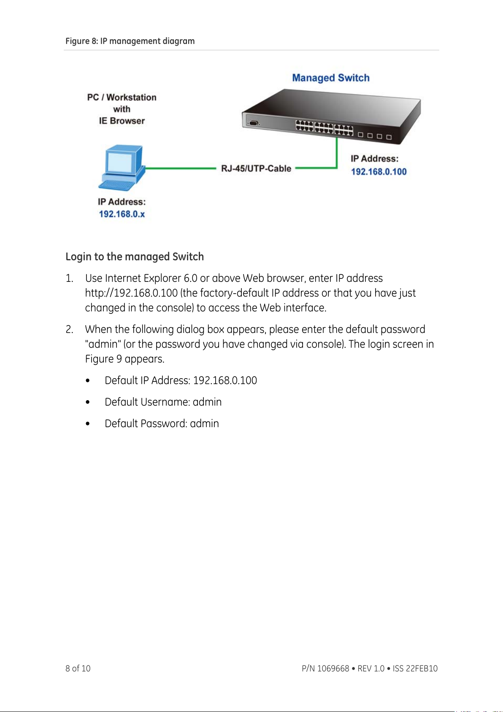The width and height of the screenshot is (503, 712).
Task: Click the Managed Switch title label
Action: pos(331,78)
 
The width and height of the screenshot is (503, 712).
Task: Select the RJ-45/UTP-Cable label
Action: pos(256,169)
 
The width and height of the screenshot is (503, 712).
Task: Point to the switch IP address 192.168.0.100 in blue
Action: pos(379,172)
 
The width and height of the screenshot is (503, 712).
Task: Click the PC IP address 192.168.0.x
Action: pos(122,214)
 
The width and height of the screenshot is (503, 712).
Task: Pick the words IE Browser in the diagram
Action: pos(122,121)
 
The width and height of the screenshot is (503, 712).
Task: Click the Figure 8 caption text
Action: pos(130,41)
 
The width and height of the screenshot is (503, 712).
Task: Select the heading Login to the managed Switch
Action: pos(135,256)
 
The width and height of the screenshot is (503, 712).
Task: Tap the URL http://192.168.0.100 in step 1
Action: pos(131,293)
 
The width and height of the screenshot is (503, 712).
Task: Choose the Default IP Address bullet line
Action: pos(181,380)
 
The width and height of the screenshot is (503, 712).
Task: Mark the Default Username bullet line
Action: pos(163,402)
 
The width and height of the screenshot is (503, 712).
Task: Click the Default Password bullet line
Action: pos(162,423)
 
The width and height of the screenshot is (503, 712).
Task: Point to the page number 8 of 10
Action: pos(78,668)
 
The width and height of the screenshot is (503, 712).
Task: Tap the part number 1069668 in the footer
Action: pos(333,668)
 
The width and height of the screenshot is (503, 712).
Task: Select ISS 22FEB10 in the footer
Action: pos(415,668)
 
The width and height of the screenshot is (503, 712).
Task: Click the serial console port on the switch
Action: pos(253,123)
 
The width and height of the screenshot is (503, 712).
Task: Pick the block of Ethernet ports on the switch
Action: pos(324,127)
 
